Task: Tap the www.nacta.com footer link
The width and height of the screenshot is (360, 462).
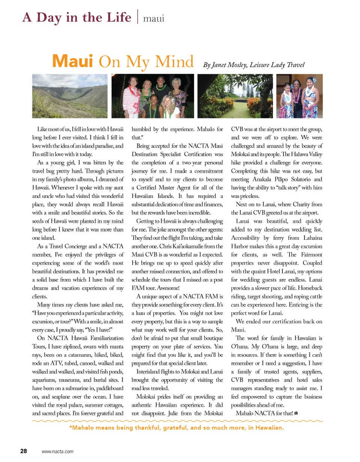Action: click(58, 451)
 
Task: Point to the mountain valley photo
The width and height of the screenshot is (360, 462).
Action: click(70, 96)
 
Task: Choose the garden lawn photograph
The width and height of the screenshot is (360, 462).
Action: click(235, 96)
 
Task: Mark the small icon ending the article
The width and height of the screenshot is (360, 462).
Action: click(296, 413)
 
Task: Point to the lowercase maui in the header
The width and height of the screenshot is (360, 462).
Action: click(154, 18)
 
